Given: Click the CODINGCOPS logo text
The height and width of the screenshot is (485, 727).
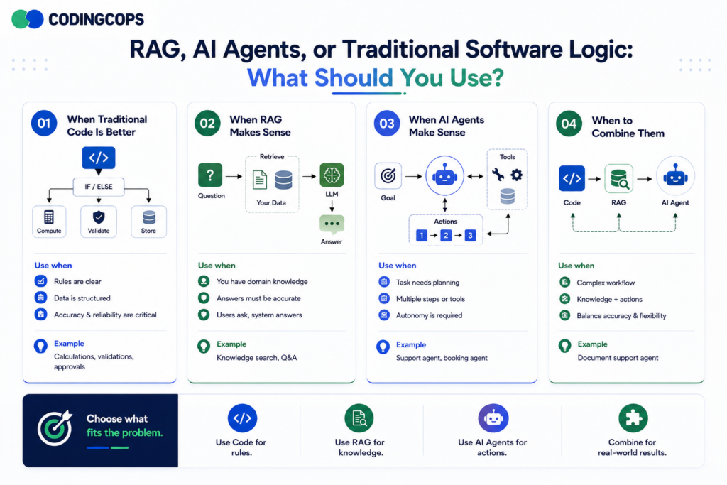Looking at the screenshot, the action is pos(96,19).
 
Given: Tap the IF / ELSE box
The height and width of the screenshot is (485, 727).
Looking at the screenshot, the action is pos(98,187).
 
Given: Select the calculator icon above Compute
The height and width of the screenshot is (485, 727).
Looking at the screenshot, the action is pos(49,217).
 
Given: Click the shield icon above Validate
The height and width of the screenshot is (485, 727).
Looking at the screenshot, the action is pos(99,217).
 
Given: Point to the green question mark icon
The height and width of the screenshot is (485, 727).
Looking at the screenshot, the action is pos(210,175).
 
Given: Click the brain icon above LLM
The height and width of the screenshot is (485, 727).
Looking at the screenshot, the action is pos(332,175).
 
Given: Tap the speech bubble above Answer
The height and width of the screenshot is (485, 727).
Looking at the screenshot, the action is pos(332,224).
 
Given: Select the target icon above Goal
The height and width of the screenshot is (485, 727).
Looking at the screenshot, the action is pos(388,175).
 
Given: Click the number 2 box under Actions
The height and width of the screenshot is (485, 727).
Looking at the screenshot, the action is pos(446,236).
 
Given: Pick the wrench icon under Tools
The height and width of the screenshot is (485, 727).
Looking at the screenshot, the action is pos(498,175).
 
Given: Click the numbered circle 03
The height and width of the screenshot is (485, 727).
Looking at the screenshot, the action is pos(387,124).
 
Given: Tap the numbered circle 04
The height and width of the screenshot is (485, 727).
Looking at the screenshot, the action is pos(569,124).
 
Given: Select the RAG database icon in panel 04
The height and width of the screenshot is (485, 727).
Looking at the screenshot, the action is pos(619,178).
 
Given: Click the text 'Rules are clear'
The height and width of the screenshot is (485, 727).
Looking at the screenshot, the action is pos(77,281).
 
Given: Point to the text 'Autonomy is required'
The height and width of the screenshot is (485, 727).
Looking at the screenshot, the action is pos(429,315).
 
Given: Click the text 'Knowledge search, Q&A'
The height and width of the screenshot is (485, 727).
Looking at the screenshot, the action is pos(257,357).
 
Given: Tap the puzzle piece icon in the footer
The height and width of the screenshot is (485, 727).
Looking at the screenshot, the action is pos(633,418).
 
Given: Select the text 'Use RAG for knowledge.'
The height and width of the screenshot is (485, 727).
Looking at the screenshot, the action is pos(360,447).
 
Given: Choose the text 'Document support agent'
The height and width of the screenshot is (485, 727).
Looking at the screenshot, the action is pos(618,358).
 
